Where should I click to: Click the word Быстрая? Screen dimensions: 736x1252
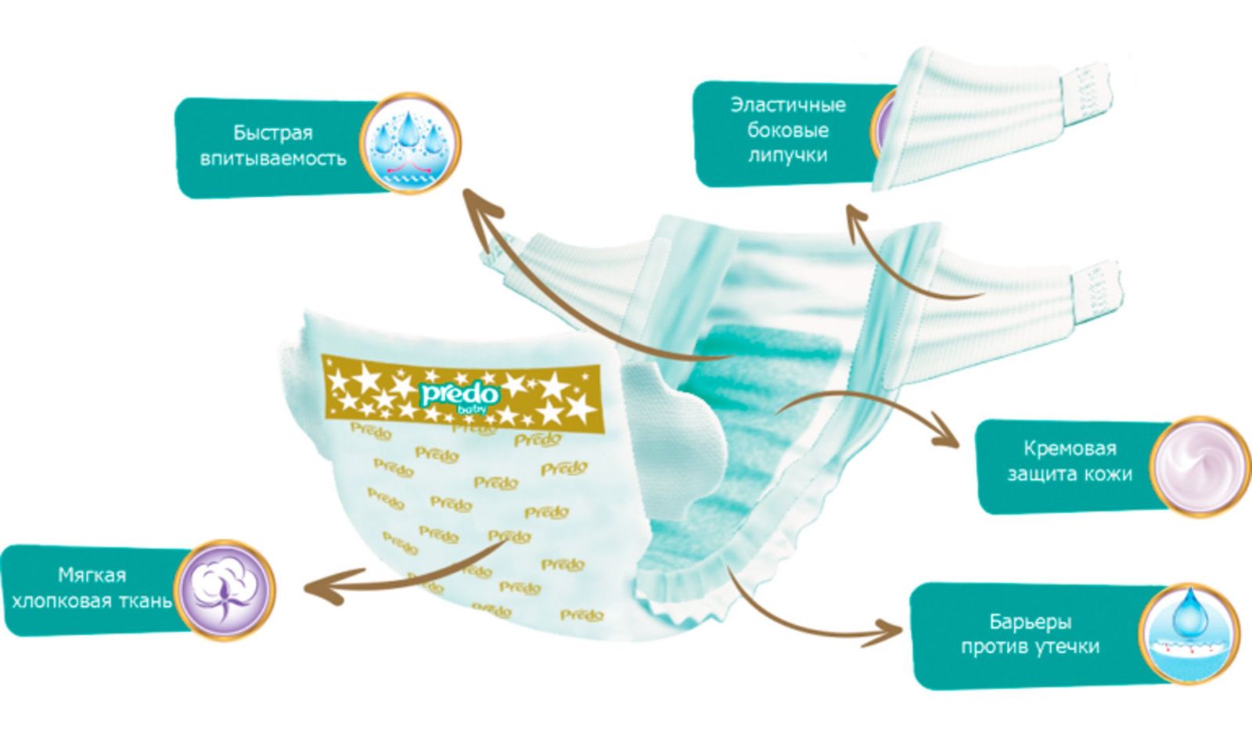pyautogui.click(x=272, y=132)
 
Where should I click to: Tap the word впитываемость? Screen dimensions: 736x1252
pyautogui.click(x=272, y=159)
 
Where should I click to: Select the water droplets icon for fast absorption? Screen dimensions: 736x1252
pyautogui.click(x=410, y=144)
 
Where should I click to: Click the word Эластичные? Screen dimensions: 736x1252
pyautogui.click(x=788, y=105)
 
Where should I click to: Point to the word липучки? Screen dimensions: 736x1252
pyautogui.click(x=787, y=155)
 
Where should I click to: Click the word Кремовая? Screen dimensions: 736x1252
pyautogui.click(x=1069, y=449)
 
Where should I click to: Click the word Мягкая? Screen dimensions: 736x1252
pyautogui.click(x=92, y=576)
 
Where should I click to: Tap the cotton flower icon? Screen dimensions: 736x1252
pyautogui.click(x=225, y=589)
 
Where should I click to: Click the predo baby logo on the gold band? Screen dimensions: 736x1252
pyautogui.click(x=451, y=394)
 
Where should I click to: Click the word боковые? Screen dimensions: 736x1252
pyautogui.click(x=787, y=130)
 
